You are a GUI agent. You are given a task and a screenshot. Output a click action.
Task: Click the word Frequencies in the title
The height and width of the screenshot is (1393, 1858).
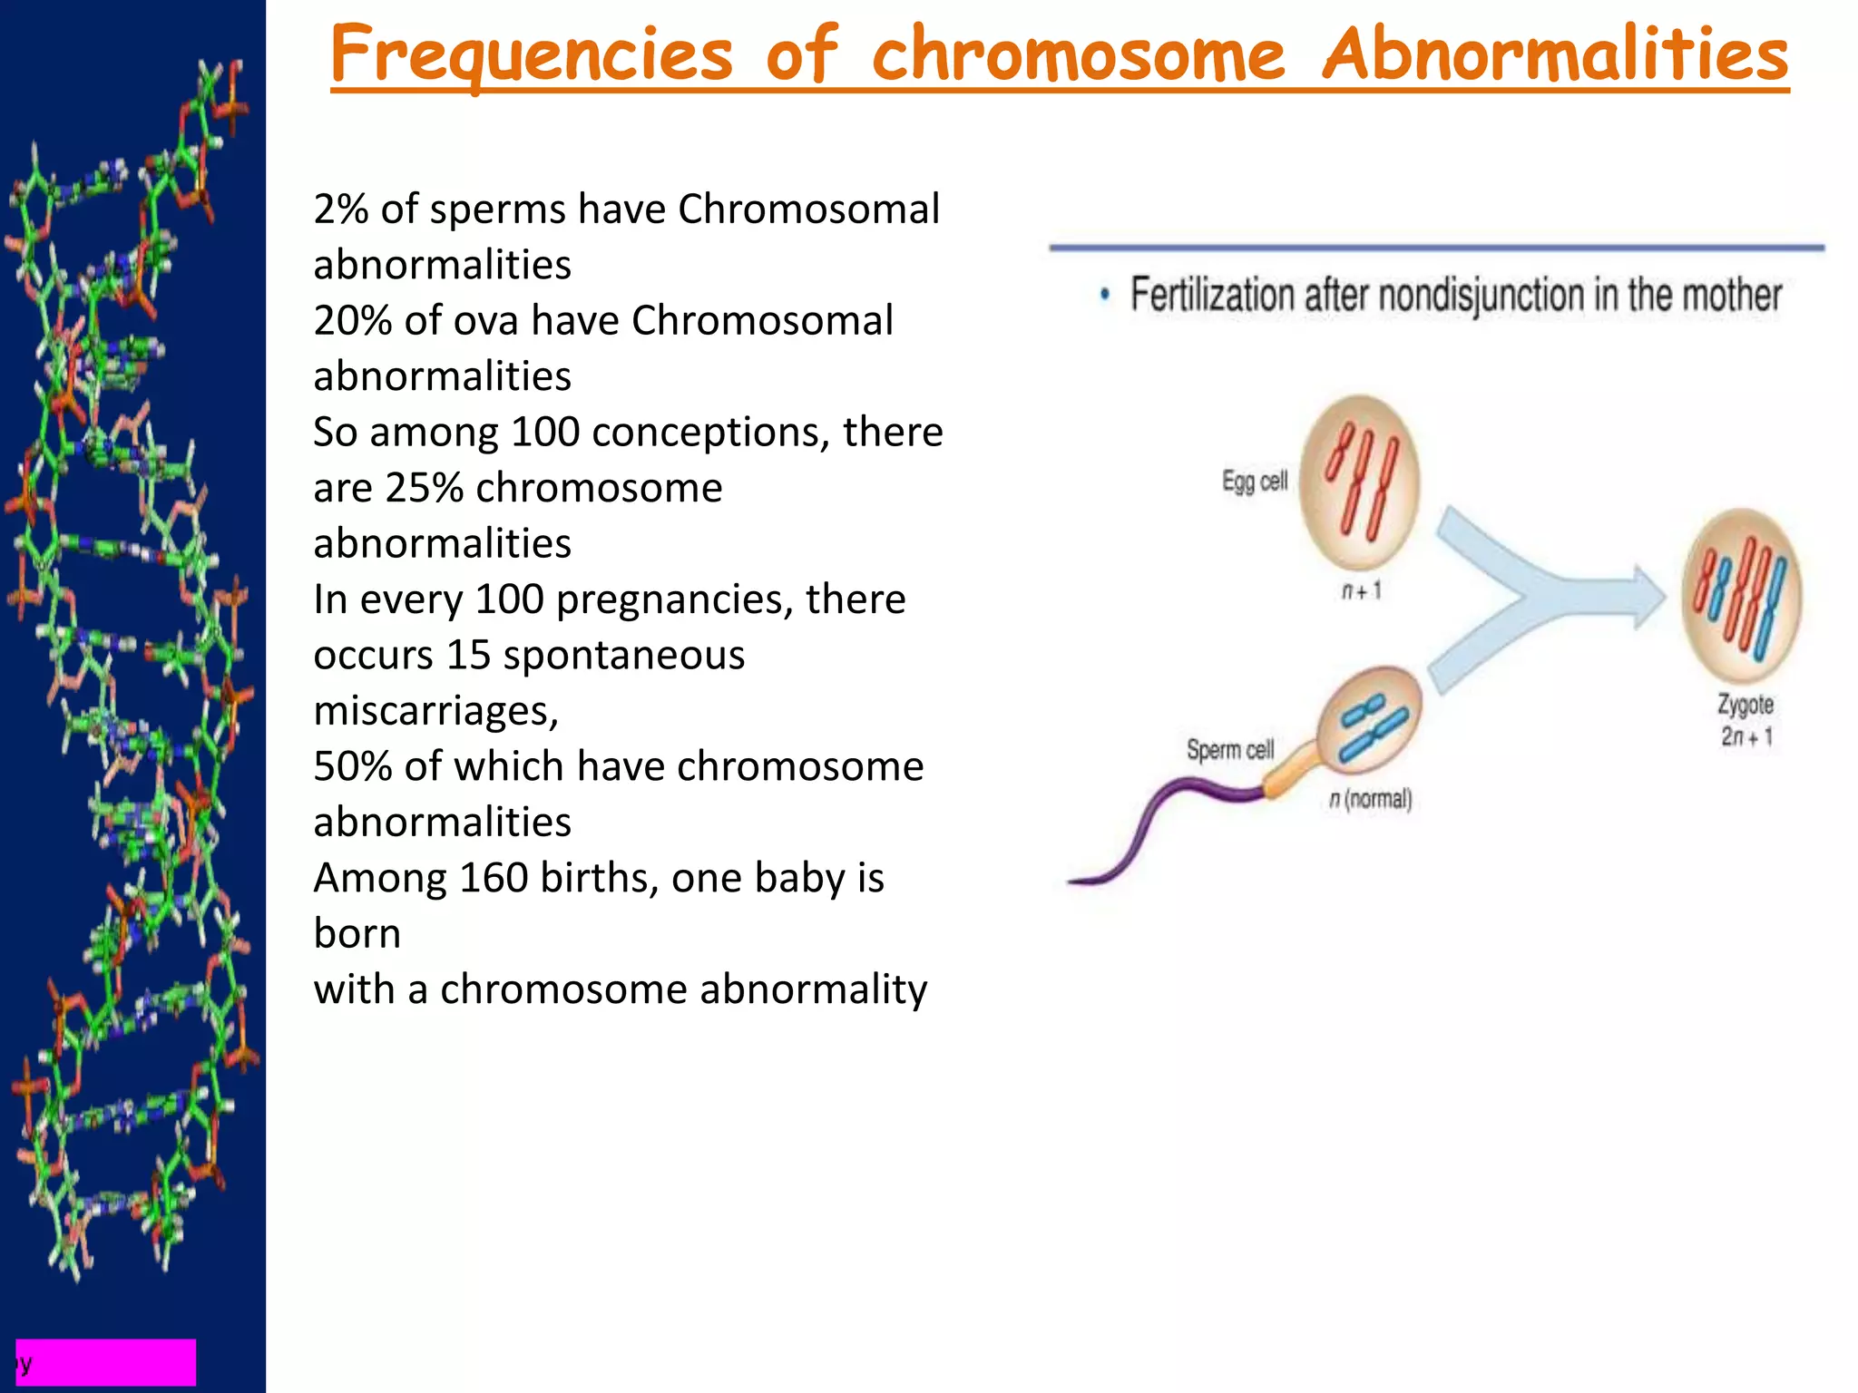tap(531, 54)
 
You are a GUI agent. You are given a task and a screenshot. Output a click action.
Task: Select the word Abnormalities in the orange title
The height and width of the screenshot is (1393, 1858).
tap(1554, 54)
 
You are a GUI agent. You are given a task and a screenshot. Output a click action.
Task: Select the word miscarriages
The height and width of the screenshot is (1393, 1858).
tap(435, 711)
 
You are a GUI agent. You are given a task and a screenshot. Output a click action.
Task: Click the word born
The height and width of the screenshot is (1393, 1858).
tap(357, 934)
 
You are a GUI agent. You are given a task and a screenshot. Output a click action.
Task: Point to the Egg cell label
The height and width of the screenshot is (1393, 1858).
tap(1254, 482)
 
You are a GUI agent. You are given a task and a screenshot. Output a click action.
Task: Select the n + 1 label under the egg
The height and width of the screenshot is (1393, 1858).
tap(1361, 591)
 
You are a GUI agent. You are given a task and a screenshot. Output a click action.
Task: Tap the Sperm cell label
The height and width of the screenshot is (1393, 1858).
tap(1229, 750)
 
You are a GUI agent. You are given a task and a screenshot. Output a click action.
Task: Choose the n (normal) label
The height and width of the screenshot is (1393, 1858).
tap(1370, 800)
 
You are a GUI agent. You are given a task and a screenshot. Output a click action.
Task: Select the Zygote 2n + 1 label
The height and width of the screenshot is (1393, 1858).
tap(1745, 720)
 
